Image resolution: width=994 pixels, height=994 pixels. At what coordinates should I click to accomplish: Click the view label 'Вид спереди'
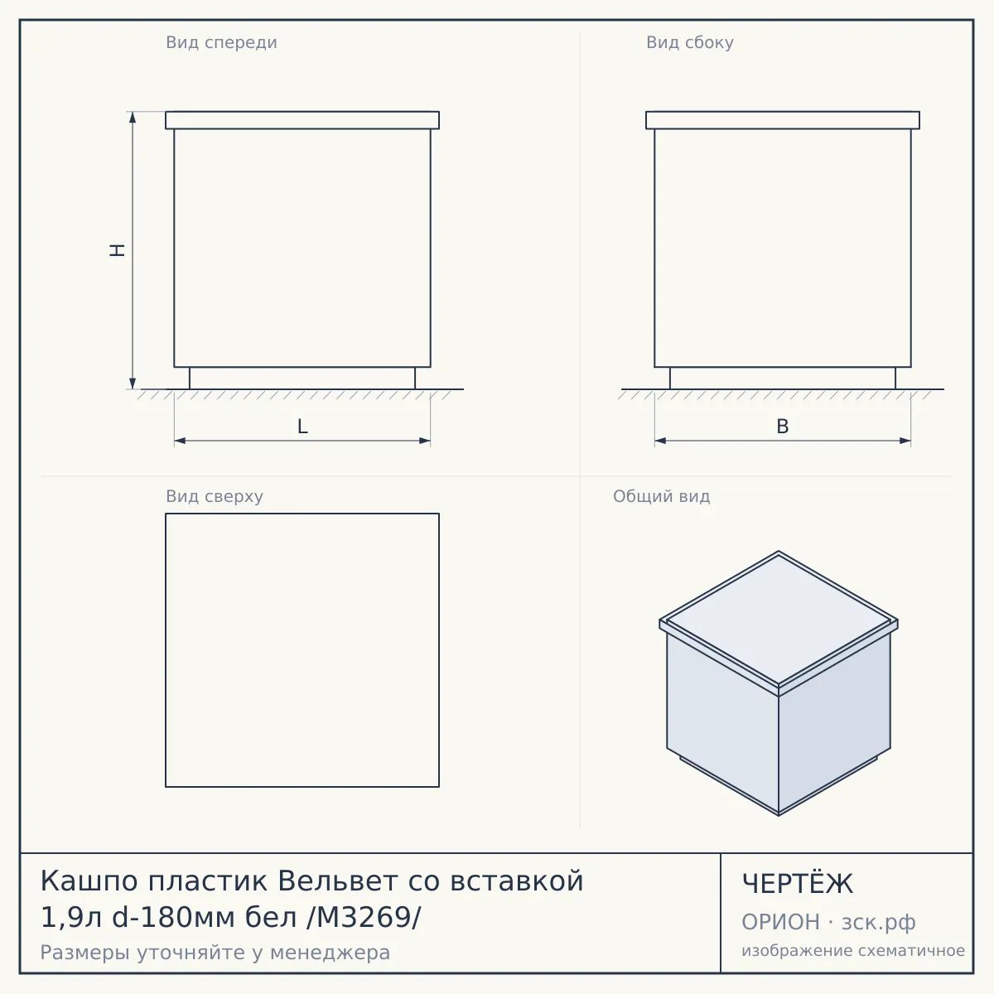221,43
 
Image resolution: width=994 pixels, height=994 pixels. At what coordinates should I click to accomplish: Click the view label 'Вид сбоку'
690,43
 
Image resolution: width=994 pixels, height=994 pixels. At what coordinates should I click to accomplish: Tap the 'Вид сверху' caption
215,496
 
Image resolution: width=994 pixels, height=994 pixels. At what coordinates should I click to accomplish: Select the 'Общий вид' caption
661,496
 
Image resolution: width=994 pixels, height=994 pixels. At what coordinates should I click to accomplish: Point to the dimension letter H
118,250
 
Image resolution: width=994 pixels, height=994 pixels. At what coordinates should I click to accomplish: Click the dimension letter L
302,427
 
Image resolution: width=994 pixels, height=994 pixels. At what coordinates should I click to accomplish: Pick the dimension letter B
783,427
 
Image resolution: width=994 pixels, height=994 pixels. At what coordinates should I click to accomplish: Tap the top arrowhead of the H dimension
133,117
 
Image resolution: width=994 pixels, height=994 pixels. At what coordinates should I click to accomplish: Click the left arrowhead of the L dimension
180,441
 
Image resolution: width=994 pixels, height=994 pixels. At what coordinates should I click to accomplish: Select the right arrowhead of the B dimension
905,441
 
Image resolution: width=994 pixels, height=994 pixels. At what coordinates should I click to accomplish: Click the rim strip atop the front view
302,120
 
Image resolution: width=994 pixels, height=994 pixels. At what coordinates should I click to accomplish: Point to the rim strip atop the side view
783,120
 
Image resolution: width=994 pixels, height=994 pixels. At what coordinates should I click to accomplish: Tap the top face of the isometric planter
779,619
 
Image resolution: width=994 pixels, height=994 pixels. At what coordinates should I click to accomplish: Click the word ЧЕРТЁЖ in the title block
798,884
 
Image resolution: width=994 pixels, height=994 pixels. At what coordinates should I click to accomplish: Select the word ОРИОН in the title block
780,922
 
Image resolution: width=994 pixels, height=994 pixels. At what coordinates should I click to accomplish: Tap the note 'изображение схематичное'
853,951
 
